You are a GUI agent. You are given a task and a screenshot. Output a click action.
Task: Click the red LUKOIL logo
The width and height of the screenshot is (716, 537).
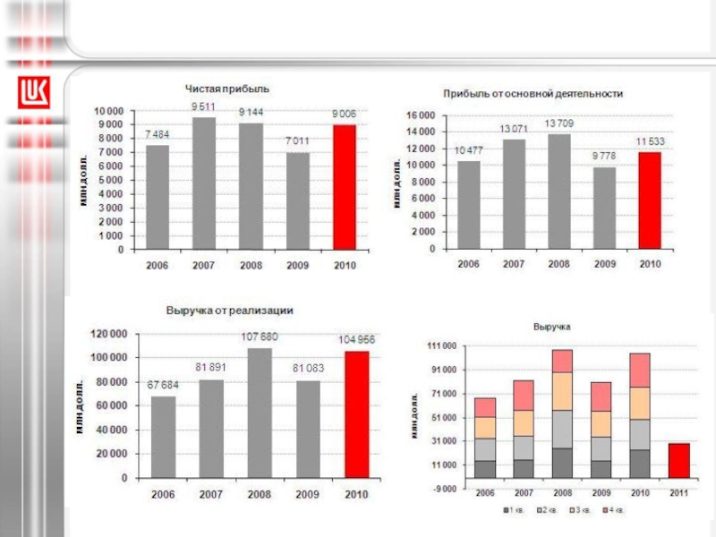(x=35, y=91)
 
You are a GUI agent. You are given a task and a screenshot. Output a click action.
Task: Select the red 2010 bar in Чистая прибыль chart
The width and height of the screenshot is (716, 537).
(x=345, y=187)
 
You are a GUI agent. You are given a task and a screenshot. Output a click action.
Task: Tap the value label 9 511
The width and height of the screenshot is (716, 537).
(x=204, y=106)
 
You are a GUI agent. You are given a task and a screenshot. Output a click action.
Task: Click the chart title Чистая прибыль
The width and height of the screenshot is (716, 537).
(x=227, y=89)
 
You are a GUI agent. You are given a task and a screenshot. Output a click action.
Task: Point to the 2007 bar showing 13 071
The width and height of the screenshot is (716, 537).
(x=514, y=193)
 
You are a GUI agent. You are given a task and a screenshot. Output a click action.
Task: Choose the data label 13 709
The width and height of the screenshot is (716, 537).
(x=558, y=123)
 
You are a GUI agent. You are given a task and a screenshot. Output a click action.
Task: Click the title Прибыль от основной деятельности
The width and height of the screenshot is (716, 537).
(x=533, y=93)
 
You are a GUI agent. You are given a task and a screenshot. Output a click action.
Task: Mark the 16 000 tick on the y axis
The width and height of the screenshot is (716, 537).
(x=421, y=115)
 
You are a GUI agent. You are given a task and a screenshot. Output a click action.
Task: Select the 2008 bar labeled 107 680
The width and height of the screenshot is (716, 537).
(x=260, y=413)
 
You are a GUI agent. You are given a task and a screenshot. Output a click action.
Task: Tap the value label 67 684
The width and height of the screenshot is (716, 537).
(x=163, y=385)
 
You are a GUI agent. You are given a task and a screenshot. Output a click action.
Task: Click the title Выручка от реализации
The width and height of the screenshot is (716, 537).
(x=230, y=310)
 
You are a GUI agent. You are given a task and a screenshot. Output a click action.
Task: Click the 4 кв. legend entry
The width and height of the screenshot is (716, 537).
(x=614, y=510)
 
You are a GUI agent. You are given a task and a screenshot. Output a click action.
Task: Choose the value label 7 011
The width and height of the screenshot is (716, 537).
(x=298, y=141)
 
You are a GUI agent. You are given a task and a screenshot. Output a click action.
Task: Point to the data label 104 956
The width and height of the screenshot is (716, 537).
(x=356, y=339)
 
